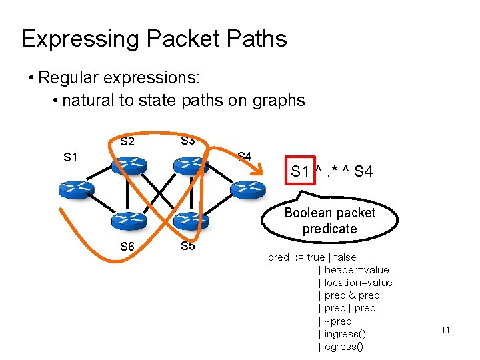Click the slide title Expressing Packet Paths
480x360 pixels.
[x=154, y=39]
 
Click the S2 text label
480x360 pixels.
[x=127, y=141]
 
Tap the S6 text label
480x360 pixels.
[x=127, y=247]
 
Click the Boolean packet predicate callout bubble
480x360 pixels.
[x=329, y=221]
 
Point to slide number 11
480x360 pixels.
[x=446, y=329]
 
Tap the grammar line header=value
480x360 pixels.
[x=356, y=270]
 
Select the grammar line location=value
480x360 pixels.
[x=358, y=283]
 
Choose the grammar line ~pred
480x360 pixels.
[x=338, y=321]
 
